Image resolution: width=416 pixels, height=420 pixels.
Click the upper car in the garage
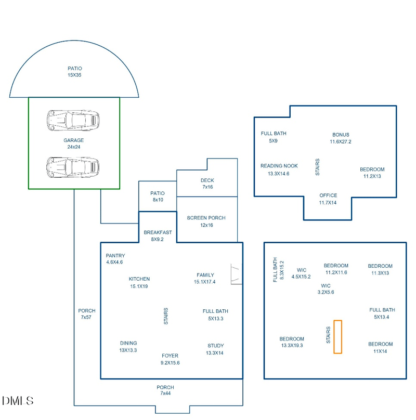click(x=73, y=120)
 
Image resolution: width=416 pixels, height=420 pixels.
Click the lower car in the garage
click(x=73, y=167)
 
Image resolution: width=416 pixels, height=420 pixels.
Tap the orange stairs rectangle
click(x=338, y=337)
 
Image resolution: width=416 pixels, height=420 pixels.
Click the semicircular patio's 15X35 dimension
click(x=75, y=75)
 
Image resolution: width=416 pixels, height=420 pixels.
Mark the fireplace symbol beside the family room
click(x=236, y=274)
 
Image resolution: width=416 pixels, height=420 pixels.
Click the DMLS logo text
click(x=18, y=401)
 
